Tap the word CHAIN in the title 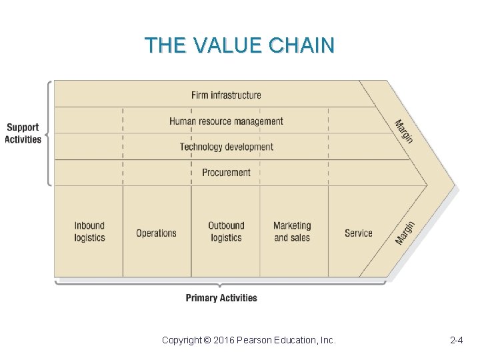pyautogui.click(x=302, y=45)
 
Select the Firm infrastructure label pyautogui.click(x=226, y=95)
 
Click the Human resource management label pyautogui.click(x=226, y=121)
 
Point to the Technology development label pyautogui.click(x=226, y=147)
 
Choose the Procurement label pyautogui.click(x=226, y=173)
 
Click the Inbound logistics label pyautogui.click(x=89, y=232)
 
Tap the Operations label pyautogui.click(x=156, y=233)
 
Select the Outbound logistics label pyautogui.click(x=226, y=232)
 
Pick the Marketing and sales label pyautogui.click(x=292, y=232)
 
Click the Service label pyautogui.click(x=358, y=233)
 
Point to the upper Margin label pyautogui.click(x=404, y=131)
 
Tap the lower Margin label pyautogui.click(x=405, y=233)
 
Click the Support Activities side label pyautogui.click(x=23, y=133)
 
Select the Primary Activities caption pyautogui.click(x=221, y=298)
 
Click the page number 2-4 pyautogui.click(x=457, y=341)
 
